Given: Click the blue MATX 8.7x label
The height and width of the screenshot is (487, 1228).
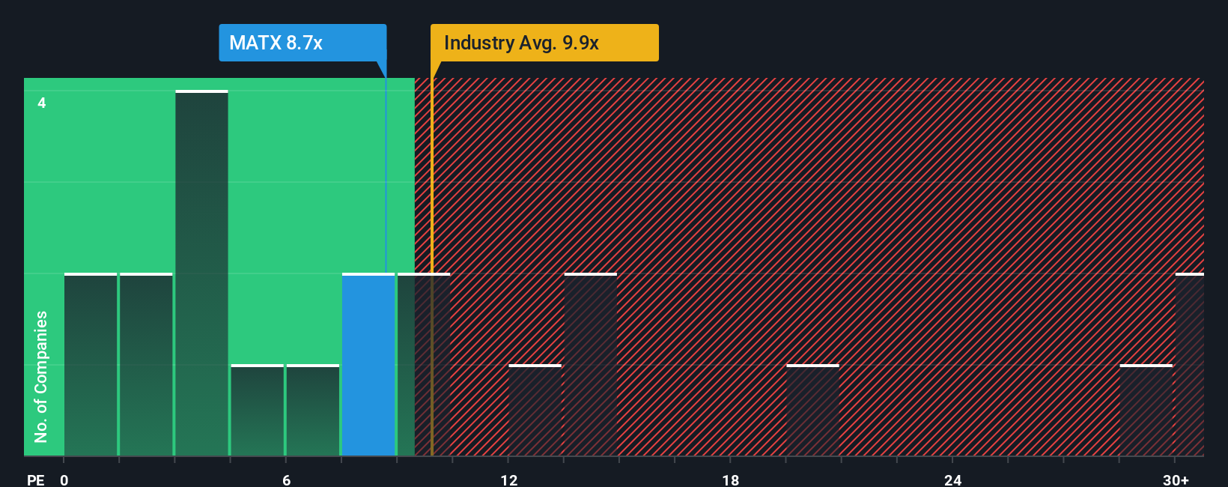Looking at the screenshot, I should [x=303, y=43].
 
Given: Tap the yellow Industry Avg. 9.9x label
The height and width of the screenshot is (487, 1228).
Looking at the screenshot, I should [x=544, y=43].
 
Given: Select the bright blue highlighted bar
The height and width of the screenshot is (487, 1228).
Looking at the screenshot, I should [x=368, y=365].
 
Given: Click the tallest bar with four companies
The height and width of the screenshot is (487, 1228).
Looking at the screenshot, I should [x=201, y=273].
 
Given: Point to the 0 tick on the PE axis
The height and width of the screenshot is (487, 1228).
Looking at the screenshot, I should [x=64, y=480].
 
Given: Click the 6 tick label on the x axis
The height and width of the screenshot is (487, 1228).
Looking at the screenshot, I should [x=286, y=480].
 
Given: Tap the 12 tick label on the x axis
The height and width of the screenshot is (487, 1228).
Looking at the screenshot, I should [x=509, y=480].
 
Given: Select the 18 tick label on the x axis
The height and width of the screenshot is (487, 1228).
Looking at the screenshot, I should [x=731, y=480].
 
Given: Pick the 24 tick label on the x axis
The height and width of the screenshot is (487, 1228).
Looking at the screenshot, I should [x=952, y=480].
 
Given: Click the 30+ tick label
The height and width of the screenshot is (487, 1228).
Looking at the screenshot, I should [x=1176, y=480].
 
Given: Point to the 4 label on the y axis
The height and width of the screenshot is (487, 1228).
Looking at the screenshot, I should [x=42, y=103].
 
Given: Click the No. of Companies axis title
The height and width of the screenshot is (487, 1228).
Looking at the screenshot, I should [x=41, y=376].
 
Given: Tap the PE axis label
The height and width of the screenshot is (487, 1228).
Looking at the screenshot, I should [x=35, y=480].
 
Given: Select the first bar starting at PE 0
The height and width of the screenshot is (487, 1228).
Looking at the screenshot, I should [x=91, y=365].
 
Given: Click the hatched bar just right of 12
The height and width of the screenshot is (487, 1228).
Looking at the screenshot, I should [x=535, y=411].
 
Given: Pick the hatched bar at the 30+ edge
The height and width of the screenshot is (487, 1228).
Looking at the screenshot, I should [x=1190, y=365].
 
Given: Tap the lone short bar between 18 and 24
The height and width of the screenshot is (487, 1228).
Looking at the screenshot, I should [x=812, y=411].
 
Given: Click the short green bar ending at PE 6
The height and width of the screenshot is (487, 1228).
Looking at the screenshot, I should [x=258, y=411].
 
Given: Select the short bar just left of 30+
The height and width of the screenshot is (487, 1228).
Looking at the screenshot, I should [x=1146, y=411].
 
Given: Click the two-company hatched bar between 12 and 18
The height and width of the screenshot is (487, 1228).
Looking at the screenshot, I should [x=590, y=365].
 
